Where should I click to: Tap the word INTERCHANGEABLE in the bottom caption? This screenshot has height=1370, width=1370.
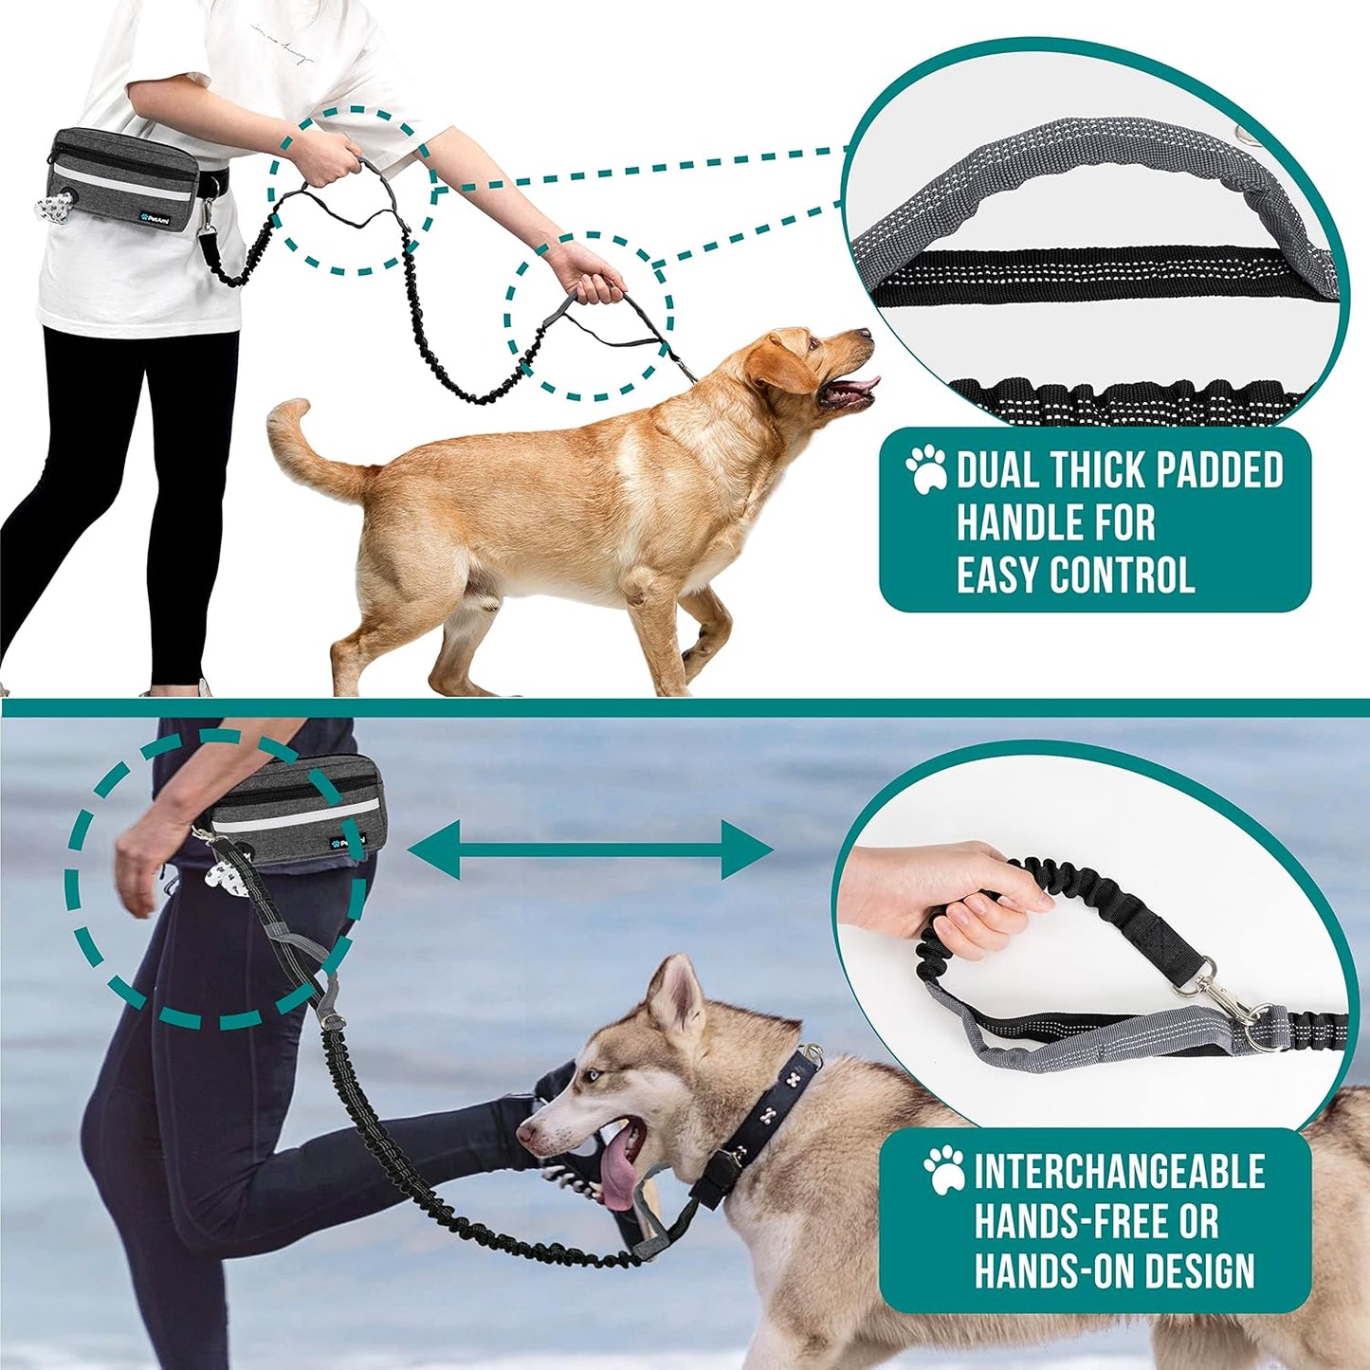tap(1119, 1172)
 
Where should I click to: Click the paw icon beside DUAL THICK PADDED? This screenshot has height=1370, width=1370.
tap(925, 469)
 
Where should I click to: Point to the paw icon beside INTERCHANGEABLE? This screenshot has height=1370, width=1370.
tap(944, 1170)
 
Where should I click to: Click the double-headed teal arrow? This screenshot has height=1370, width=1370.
tap(591, 849)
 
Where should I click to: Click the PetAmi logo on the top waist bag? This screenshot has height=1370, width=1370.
tap(151, 213)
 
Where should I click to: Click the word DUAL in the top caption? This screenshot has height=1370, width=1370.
tap(996, 471)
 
